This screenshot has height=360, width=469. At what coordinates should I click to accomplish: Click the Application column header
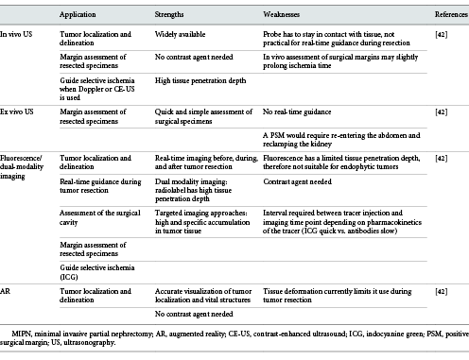point(80,16)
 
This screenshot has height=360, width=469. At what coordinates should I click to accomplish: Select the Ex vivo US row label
point(17,112)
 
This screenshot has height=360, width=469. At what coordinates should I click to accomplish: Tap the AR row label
point(7,294)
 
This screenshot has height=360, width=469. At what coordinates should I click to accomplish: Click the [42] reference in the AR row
point(441,294)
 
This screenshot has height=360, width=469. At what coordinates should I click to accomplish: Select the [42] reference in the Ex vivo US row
point(441,112)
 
